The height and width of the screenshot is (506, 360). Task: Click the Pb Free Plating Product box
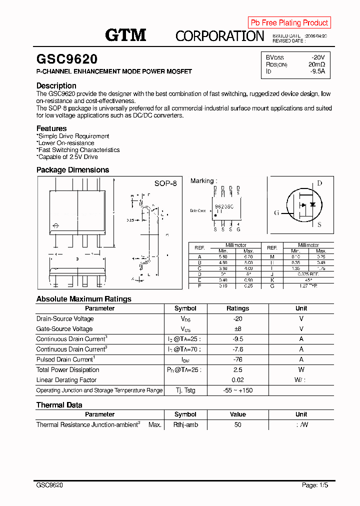tap(289, 22)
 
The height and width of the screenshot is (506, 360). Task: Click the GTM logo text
tap(125, 35)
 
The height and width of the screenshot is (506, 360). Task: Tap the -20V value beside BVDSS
tap(317, 57)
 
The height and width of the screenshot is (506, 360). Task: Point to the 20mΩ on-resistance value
tap(316, 64)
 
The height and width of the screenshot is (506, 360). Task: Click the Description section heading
tap(56, 85)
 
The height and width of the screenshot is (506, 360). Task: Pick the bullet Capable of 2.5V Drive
tap(67, 157)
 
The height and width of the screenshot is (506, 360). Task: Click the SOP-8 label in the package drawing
tap(165, 183)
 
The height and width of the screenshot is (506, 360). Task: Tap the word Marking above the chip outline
tap(202, 181)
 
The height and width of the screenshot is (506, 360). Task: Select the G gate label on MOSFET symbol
tap(276, 213)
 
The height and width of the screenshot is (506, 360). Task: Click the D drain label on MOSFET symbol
tap(319, 183)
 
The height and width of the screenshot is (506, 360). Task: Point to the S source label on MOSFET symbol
tap(319, 225)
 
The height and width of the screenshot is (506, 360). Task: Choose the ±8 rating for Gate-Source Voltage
tap(237, 329)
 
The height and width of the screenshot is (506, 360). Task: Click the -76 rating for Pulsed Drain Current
tap(237, 359)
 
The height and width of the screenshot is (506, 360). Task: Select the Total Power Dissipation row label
tap(67, 370)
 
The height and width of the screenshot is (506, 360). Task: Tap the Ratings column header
tap(237, 308)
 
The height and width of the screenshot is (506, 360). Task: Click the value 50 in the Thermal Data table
tap(237, 424)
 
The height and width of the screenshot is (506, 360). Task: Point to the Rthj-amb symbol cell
tap(185, 424)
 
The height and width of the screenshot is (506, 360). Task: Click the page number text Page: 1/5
tap(315, 485)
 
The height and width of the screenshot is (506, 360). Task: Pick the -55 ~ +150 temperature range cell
tap(237, 390)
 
